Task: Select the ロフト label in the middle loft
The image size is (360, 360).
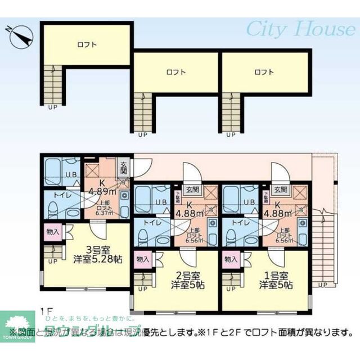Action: click(x=175, y=72)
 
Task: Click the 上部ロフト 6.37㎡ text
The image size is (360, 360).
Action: click(x=104, y=208)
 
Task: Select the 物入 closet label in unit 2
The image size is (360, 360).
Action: click(x=142, y=259)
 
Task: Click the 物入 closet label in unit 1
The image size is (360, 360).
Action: click(x=230, y=259)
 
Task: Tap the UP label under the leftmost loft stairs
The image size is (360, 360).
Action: click(x=52, y=107)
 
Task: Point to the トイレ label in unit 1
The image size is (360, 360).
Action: click(x=237, y=223)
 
